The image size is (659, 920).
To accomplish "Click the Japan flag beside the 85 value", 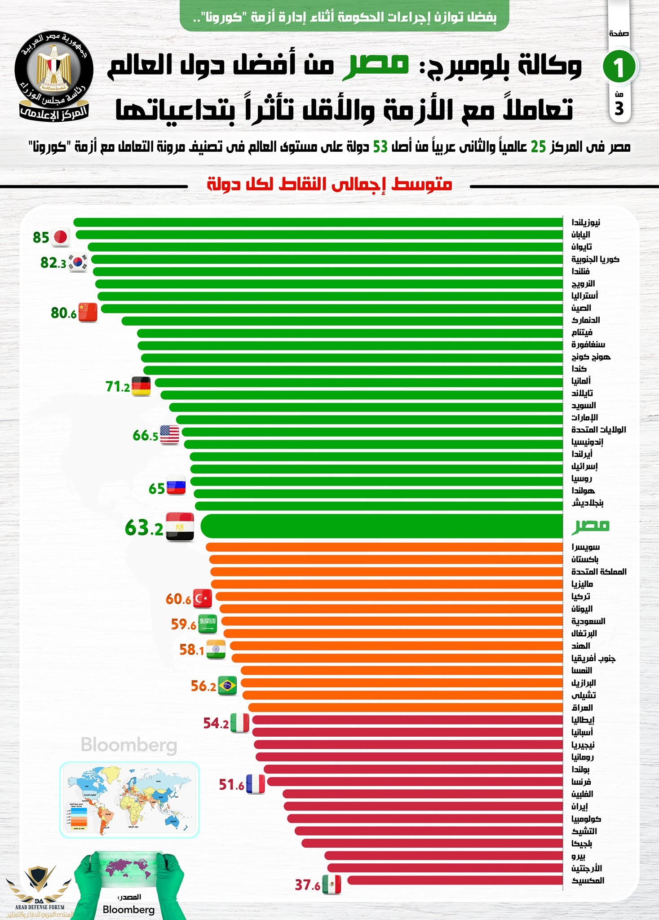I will [x=60, y=237].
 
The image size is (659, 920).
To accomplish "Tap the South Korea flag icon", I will [x=78, y=262].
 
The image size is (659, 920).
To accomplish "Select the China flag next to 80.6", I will [x=88, y=312].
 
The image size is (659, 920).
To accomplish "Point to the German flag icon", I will [x=141, y=386].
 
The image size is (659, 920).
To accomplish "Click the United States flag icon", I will [x=169, y=434].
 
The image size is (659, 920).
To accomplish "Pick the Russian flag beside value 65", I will [x=176, y=486].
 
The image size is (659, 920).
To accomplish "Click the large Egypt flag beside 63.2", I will [x=180, y=526].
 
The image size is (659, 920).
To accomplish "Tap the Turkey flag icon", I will [x=203, y=598].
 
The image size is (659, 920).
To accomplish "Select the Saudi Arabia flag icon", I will [x=208, y=624].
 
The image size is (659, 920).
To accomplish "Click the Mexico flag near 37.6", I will [x=332, y=885].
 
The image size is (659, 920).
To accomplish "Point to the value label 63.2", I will [x=144, y=528].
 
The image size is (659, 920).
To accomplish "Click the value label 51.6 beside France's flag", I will [x=231, y=785].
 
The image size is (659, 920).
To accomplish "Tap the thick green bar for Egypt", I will [x=382, y=526].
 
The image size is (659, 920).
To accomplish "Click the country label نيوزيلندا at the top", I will [x=585, y=222].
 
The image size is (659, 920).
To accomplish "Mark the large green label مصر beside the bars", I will [x=590, y=525].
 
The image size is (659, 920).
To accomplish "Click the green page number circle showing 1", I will [x=619, y=67].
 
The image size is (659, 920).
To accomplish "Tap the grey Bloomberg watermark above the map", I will [x=129, y=745].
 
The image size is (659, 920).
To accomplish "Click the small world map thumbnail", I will [x=129, y=800].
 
